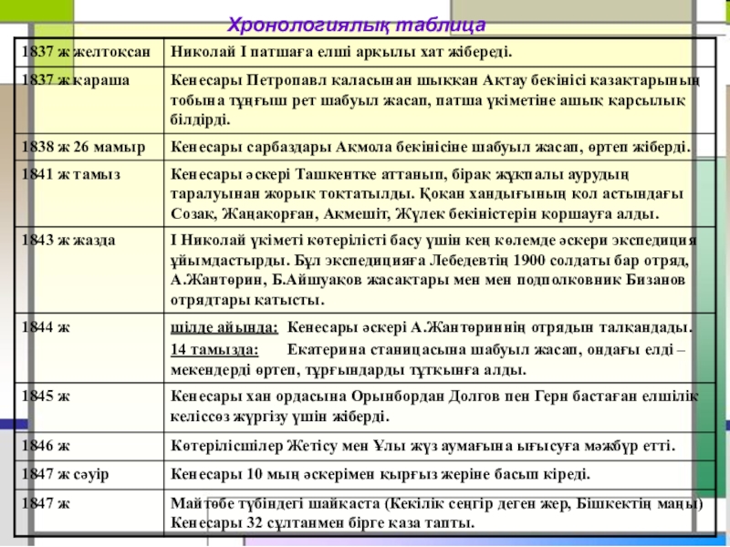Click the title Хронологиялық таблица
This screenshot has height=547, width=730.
pyautogui.click(x=356, y=24)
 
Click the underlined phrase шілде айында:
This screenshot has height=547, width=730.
pyautogui.click(x=224, y=326)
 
